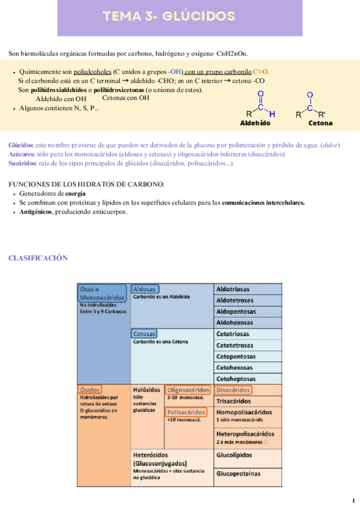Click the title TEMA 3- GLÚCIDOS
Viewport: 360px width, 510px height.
169,16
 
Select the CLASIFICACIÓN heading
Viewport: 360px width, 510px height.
38,259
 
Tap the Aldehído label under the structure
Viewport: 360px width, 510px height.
255,123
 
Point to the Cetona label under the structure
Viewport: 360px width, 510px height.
320,123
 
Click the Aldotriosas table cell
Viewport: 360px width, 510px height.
233,289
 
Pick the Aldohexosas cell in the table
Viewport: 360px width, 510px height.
234,322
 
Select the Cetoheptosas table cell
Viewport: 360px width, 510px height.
236,379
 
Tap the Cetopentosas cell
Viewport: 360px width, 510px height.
236,357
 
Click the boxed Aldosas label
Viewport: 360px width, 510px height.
145,289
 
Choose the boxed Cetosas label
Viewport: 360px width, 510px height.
144,333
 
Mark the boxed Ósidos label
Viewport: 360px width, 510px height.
90,390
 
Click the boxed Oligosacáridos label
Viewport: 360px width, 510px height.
188,390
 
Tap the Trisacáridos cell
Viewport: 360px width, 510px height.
234,401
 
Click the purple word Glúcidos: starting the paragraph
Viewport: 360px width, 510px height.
21,145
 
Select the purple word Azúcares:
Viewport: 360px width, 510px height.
22,154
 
